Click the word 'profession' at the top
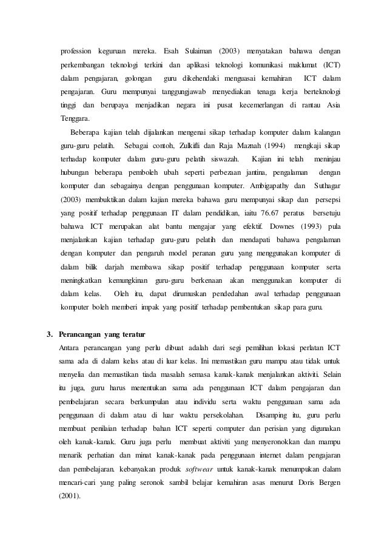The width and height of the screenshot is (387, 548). pos(75,49)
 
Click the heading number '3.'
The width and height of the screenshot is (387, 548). pos(51,334)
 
